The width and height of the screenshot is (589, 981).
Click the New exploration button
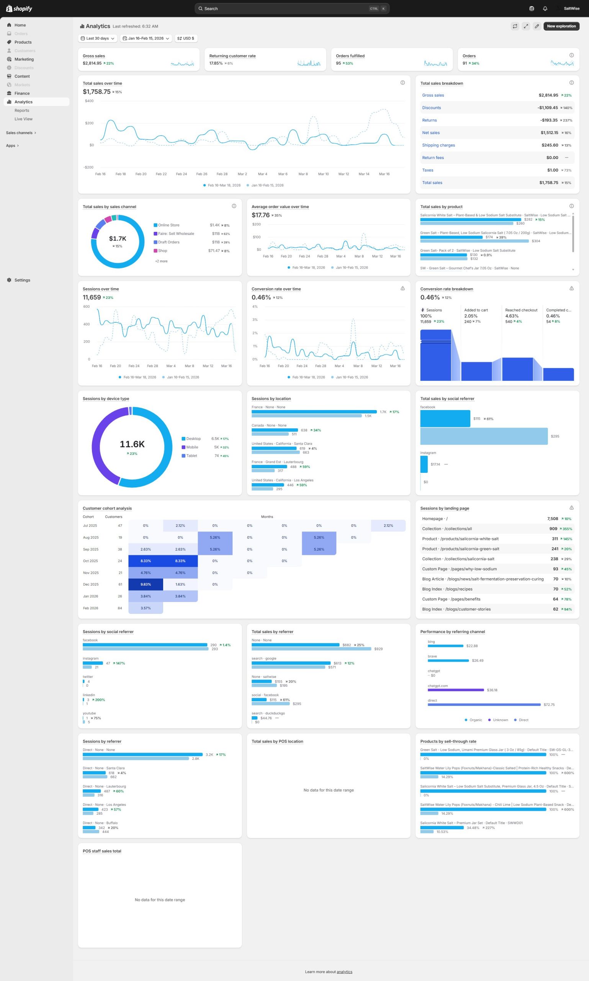(x=561, y=26)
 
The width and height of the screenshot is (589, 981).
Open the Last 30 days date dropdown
(x=98, y=39)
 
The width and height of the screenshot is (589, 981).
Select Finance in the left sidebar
(x=22, y=94)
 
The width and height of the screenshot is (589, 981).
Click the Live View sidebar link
(x=23, y=119)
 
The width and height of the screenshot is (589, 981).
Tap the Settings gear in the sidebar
(x=10, y=280)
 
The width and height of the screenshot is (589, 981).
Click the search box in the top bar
(x=291, y=9)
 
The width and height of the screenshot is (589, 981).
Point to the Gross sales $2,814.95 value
(x=92, y=63)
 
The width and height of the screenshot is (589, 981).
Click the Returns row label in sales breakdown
(x=429, y=120)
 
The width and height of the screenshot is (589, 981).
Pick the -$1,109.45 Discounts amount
(x=547, y=108)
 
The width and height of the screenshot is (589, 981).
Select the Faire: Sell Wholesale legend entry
(x=176, y=234)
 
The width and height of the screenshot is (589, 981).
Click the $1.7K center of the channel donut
(x=118, y=239)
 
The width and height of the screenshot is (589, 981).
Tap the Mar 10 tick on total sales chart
(x=323, y=174)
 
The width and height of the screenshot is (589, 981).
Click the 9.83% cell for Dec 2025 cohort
(x=146, y=584)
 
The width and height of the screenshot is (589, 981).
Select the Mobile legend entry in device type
(x=192, y=447)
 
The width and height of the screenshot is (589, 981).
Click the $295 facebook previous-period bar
(x=483, y=436)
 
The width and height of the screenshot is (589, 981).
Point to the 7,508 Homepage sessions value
(x=552, y=519)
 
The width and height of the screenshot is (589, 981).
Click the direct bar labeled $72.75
(x=483, y=705)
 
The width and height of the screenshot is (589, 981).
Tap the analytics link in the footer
(x=344, y=972)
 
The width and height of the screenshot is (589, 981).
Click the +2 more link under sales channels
(x=161, y=261)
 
